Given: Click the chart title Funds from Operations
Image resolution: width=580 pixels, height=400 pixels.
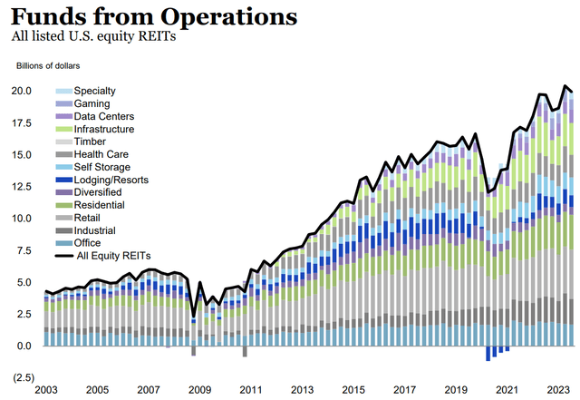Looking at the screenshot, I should (154, 15).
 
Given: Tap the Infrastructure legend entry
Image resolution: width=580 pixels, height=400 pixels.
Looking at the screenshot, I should (105, 130).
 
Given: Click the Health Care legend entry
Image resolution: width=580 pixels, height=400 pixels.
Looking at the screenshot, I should (101, 155).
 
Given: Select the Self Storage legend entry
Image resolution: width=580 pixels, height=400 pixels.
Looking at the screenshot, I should (101, 168).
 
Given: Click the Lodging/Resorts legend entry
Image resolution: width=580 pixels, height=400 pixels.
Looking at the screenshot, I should (111, 180).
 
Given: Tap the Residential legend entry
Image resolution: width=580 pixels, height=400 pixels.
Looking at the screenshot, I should (100, 206).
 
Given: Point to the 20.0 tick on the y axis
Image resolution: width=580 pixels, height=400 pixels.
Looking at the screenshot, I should (21, 91).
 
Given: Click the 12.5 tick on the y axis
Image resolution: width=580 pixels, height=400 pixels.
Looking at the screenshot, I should (21, 187).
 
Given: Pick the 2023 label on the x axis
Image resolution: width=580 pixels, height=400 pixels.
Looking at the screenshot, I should (556, 390).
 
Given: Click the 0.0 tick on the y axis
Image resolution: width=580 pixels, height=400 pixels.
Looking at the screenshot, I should (24, 346).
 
